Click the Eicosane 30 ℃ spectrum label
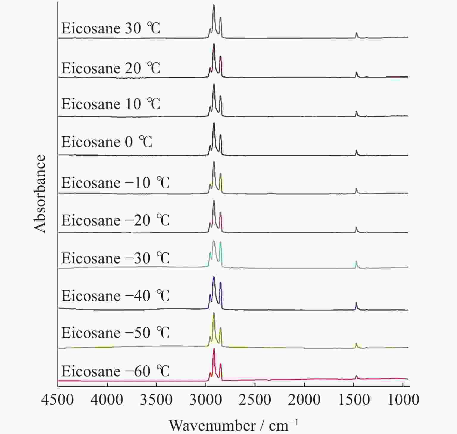111,29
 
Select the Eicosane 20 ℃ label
111,68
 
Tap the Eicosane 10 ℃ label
111,104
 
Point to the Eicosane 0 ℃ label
107,142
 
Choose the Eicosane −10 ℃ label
115,183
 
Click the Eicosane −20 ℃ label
115,220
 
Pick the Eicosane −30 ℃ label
115,258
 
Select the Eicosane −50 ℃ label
115,333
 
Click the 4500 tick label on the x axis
57,400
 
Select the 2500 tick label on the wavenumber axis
255,400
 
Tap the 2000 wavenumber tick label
304,400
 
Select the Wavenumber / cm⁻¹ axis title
234,425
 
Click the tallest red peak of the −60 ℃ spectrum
214,350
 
